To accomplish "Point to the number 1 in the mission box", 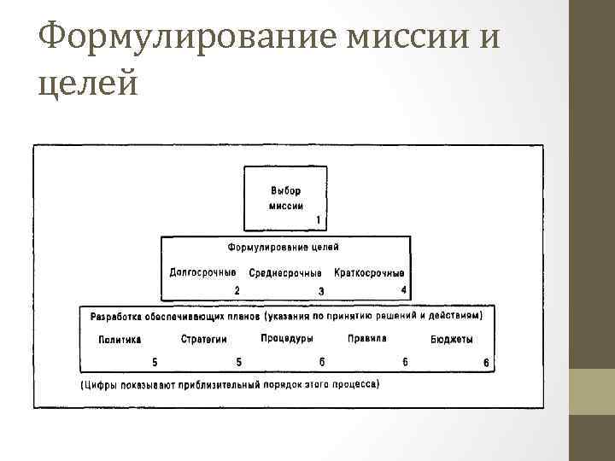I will (x=318, y=220).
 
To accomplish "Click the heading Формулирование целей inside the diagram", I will (x=283, y=247).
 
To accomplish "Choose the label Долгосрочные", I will (x=202, y=272).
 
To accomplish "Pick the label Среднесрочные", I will (x=285, y=273).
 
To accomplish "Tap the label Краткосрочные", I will (x=370, y=273).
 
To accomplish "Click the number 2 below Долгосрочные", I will (x=237, y=290).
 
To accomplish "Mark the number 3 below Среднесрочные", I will (x=321, y=291).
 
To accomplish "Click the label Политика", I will (x=120, y=339).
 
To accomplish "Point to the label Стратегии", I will (x=204, y=339).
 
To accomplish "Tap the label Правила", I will (x=367, y=338).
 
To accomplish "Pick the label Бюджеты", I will (x=452, y=339).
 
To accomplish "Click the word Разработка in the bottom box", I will (x=116, y=316).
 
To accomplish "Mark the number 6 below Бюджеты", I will (x=487, y=363).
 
